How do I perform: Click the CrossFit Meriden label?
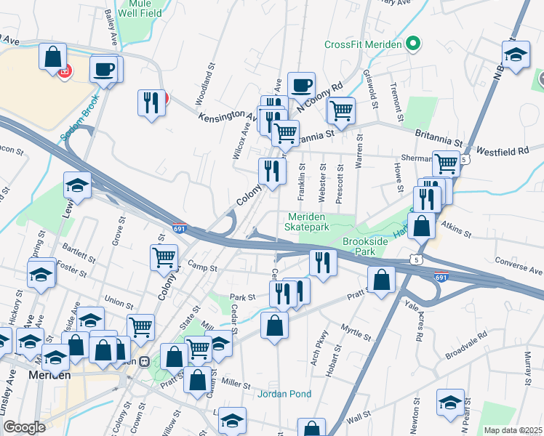pyautogui.click(x=363, y=44)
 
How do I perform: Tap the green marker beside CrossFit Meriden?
pyautogui.click(x=413, y=44)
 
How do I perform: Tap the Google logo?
pyautogui.click(x=24, y=427)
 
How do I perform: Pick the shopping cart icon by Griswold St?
pyautogui.click(x=340, y=110)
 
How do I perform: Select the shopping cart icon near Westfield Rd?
pyautogui.click(x=445, y=163)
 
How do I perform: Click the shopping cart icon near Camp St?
pyautogui.click(x=164, y=257)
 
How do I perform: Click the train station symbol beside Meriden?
pyautogui.click(x=145, y=361)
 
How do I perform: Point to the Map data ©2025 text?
pyautogui.click(x=513, y=430)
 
